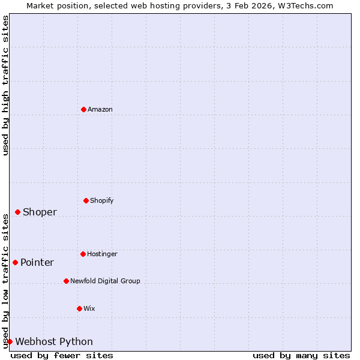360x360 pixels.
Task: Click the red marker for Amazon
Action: pos(83,109)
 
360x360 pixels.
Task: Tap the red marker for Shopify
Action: pos(86,200)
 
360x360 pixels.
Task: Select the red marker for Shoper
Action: pos(17,212)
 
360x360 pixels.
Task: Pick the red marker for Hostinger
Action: pos(83,254)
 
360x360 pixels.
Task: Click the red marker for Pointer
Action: pos(15,262)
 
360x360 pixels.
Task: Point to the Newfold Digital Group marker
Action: pos(66,281)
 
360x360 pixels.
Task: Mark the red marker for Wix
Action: pos(79,308)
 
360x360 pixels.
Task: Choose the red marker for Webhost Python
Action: pos(10,341)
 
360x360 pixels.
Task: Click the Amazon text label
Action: pos(100,109)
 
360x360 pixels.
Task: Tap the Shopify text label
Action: pos(102,200)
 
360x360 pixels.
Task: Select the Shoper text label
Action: pos(40,212)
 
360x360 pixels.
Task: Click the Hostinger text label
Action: pos(102,254)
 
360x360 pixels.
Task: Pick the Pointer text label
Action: pos(37,262)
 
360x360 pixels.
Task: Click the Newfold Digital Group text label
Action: pos(105,281)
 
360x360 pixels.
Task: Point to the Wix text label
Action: pos(89,308)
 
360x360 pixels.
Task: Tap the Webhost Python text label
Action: pos(54,341)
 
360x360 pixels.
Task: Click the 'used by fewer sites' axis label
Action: pos(62,355)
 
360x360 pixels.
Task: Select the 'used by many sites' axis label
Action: pos(301,355)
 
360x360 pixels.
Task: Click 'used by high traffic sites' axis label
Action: pos(5,85)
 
